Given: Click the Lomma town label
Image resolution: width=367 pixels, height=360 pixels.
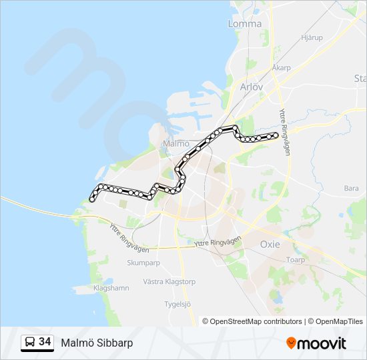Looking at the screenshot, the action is [x=244, y=23].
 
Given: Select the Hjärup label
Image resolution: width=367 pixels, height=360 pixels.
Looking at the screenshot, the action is [x=312, y=37].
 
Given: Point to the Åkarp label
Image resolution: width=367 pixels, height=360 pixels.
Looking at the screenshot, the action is [x=282, y=68].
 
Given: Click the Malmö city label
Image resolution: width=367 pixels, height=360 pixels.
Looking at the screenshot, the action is [x=176, y=144].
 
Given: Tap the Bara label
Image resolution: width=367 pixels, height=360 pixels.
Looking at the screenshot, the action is [x=351, y=189].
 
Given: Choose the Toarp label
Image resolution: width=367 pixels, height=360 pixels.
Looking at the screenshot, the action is [x=295, y=261].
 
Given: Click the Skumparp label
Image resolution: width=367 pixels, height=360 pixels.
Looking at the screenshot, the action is [x=142, y=263].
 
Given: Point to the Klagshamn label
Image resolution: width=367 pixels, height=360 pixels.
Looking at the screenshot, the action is [x=111, y=289].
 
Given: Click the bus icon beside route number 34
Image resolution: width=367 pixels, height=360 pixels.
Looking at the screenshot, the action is [x=30, y=343].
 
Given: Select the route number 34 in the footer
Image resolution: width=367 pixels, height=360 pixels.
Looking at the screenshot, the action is [x=45, y=342].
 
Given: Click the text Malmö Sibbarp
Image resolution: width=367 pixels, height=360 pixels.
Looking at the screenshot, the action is [x=97, y=343].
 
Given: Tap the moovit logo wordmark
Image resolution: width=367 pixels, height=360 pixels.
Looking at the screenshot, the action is [x=322, y=343].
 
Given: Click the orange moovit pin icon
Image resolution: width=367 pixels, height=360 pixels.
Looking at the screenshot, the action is [x=292, y=343].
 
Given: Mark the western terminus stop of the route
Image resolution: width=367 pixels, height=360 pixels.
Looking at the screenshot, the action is [x=92, y=198].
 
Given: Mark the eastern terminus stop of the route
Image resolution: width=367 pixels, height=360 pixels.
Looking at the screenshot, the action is [x=275, y=136].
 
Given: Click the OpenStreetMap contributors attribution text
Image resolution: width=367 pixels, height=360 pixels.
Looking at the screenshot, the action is [x=256, y=321].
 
